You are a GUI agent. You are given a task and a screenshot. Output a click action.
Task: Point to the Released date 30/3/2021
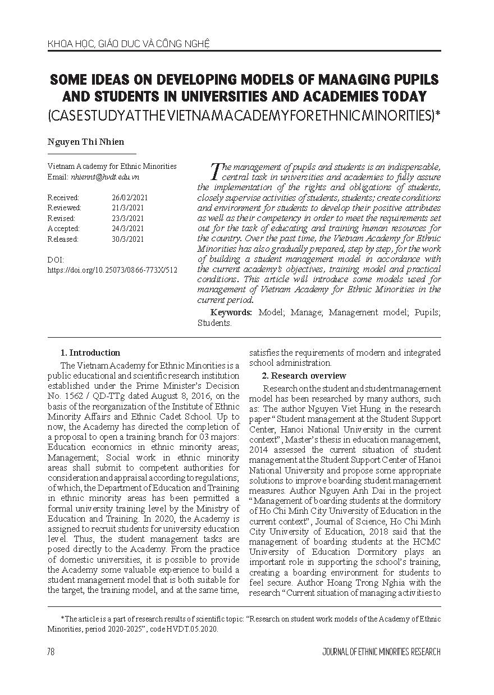tap(127, 239)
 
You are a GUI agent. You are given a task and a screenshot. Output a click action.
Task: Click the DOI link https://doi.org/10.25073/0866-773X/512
tap(112, 270)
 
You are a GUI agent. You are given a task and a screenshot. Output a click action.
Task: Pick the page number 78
tap(51, 652)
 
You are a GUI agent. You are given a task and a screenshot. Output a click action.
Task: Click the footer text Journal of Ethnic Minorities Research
tap(381, 652)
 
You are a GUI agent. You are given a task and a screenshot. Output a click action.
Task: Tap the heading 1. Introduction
tap(90, 353)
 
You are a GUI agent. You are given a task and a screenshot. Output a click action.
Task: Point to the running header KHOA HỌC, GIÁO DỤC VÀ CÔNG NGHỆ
tap(129, 42)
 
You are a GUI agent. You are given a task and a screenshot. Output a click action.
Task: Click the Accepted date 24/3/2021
tap(127, 229)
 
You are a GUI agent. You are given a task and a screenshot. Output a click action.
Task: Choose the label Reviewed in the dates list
tap(64, 208)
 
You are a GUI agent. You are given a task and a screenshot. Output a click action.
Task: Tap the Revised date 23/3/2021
tap(127, 218)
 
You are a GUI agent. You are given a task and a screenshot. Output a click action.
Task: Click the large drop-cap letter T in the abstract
tap(214, 169)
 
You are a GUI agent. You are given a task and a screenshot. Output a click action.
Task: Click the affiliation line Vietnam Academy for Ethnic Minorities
tap(112, 166)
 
